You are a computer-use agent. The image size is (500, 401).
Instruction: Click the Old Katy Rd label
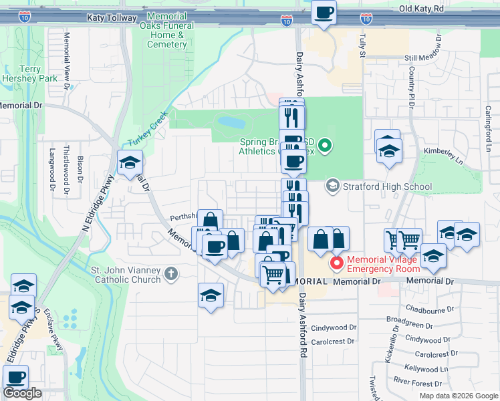[421, 9]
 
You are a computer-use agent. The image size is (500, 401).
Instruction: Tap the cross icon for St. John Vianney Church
[171, 273]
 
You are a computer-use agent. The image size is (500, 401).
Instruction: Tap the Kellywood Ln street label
[426, 368]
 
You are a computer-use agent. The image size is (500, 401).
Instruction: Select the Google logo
[22, 393]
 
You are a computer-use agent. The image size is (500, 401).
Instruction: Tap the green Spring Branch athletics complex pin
[325, 144]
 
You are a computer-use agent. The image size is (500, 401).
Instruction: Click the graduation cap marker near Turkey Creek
[130, 162]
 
